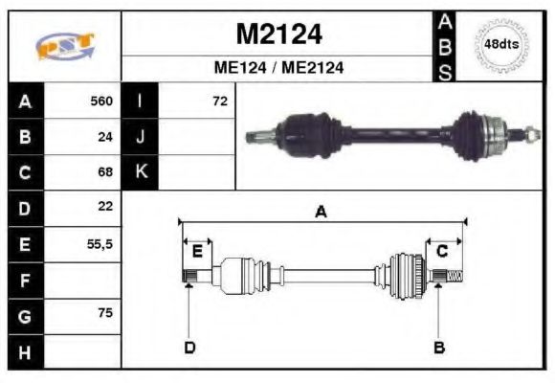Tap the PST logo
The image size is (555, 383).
(64, 46)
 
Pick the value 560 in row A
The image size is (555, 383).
(100, 101)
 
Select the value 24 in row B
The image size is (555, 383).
(105, 137)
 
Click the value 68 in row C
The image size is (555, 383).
(105, 172)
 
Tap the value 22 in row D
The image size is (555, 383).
(105, 207)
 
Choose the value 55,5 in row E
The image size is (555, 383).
(100, 244)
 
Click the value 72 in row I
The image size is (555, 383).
(220, 101)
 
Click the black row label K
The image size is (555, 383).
(140, 172)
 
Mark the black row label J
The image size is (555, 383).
(140, 137)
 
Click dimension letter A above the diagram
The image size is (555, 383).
(322, 213)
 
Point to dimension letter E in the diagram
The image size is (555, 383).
(197, 252)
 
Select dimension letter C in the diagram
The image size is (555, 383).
(442, 251)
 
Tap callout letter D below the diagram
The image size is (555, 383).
(189, 347)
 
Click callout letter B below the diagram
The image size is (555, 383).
(439, 347)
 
